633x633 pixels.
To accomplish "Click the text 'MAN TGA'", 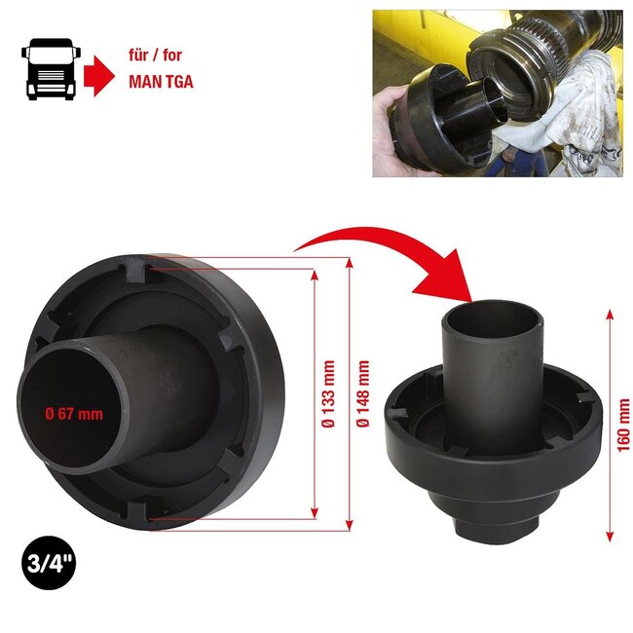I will click(x=161, y=82).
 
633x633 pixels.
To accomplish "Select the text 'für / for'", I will click(x=154, y=57).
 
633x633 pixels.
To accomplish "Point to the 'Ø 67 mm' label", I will click(x=74, y=414).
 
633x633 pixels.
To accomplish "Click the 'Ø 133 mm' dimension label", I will click(x=331, y=397).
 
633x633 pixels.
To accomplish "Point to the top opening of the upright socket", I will click(x=494, y=317).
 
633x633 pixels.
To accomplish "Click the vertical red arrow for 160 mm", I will click(x=609, y=426).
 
